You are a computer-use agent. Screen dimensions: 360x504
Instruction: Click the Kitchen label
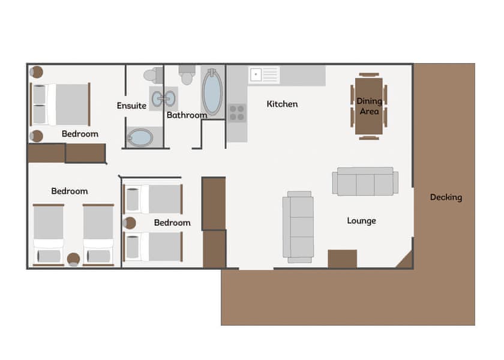(282, 104)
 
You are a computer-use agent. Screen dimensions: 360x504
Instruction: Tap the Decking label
(446, 197)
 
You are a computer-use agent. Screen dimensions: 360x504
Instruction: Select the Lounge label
(361, 221)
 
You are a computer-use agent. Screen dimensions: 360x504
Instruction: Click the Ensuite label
(131, 106)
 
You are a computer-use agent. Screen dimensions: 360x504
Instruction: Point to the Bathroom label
(187, 115)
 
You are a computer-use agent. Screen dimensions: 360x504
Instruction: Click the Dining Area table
(369, 106)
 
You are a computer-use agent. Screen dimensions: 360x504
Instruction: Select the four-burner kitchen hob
(237, 113)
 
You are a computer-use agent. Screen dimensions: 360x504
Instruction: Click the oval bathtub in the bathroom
(211, 93)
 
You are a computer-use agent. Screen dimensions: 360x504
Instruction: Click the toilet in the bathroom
(187, 76)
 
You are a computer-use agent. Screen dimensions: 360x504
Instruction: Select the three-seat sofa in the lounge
(365, 182)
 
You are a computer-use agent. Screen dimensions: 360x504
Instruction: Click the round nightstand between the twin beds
(73, 259)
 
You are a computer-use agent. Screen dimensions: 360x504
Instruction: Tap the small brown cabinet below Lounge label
(342, 259)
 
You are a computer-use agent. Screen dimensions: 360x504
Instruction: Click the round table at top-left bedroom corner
(37, 72)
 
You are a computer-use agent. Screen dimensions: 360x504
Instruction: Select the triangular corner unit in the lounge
(406, 262)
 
